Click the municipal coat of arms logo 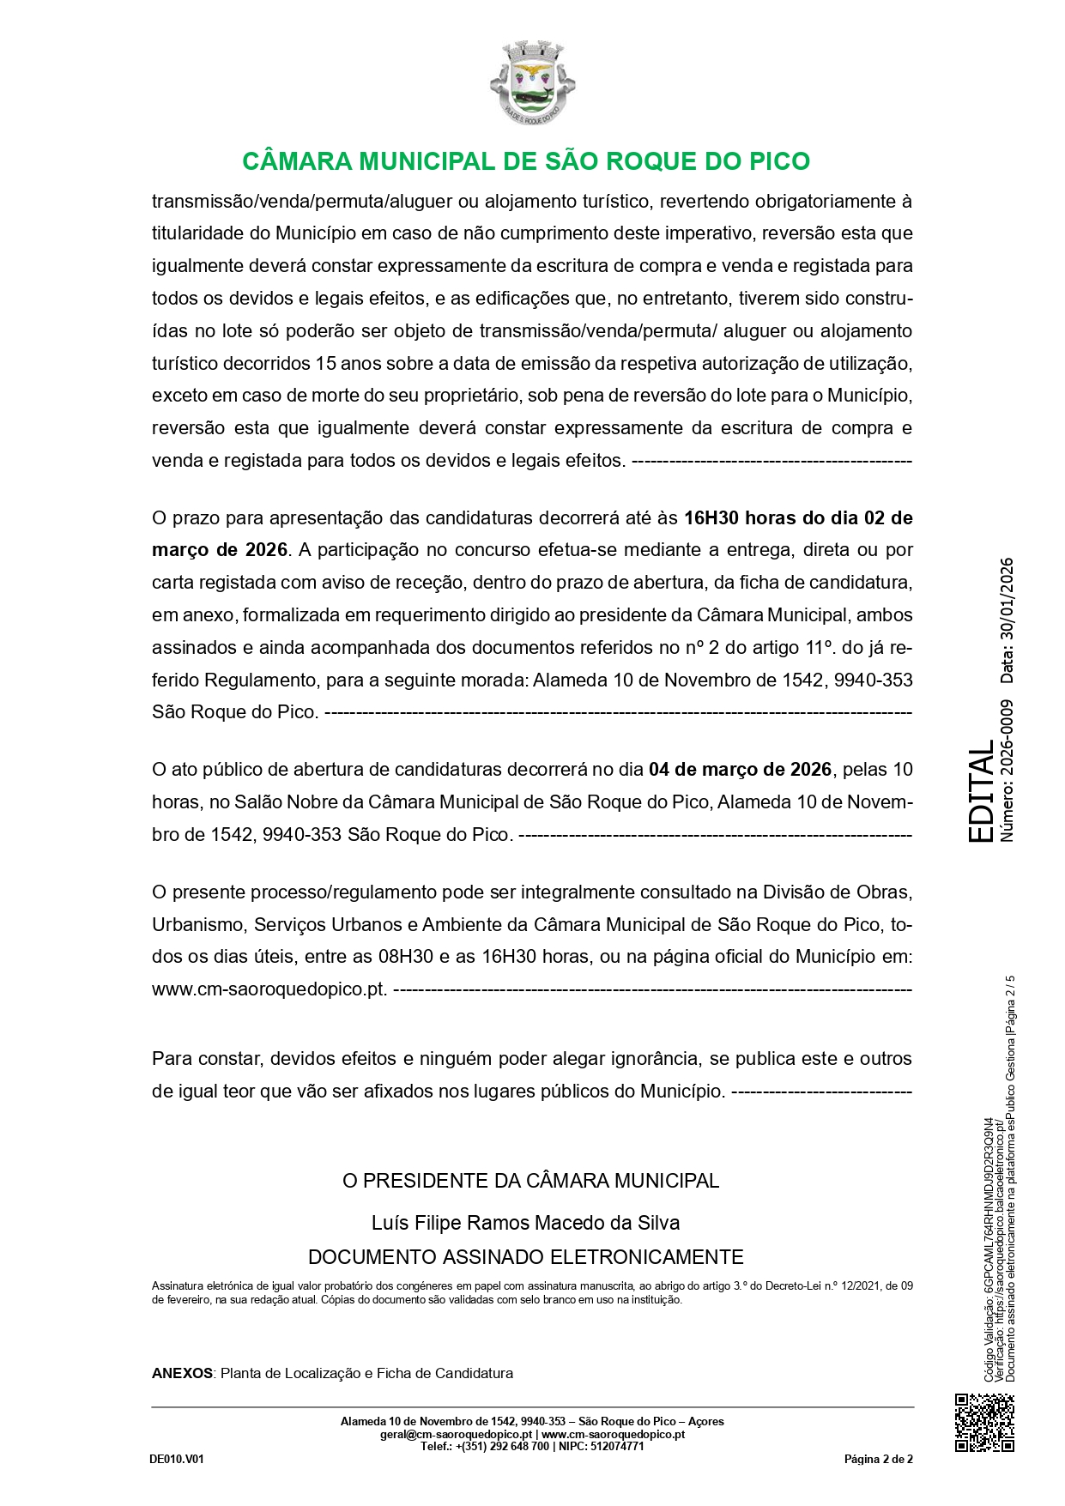click(532, 82)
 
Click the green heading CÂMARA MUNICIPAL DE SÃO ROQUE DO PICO click(526, 161)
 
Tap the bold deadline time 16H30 click(711, 517)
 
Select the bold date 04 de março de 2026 click(740, 769)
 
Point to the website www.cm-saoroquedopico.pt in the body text click(269, 989)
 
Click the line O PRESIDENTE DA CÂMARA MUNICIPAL click(530, 1181)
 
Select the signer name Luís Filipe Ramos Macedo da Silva click(525, 1222)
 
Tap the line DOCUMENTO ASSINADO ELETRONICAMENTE click(525, 1257)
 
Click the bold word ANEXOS click(182, 1373)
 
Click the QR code click(984, 1423)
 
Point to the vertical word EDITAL click(981, 795)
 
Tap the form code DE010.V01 click(177, 1459)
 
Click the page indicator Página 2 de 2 click(878, 1459)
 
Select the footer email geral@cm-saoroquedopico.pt click(457, 1434)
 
